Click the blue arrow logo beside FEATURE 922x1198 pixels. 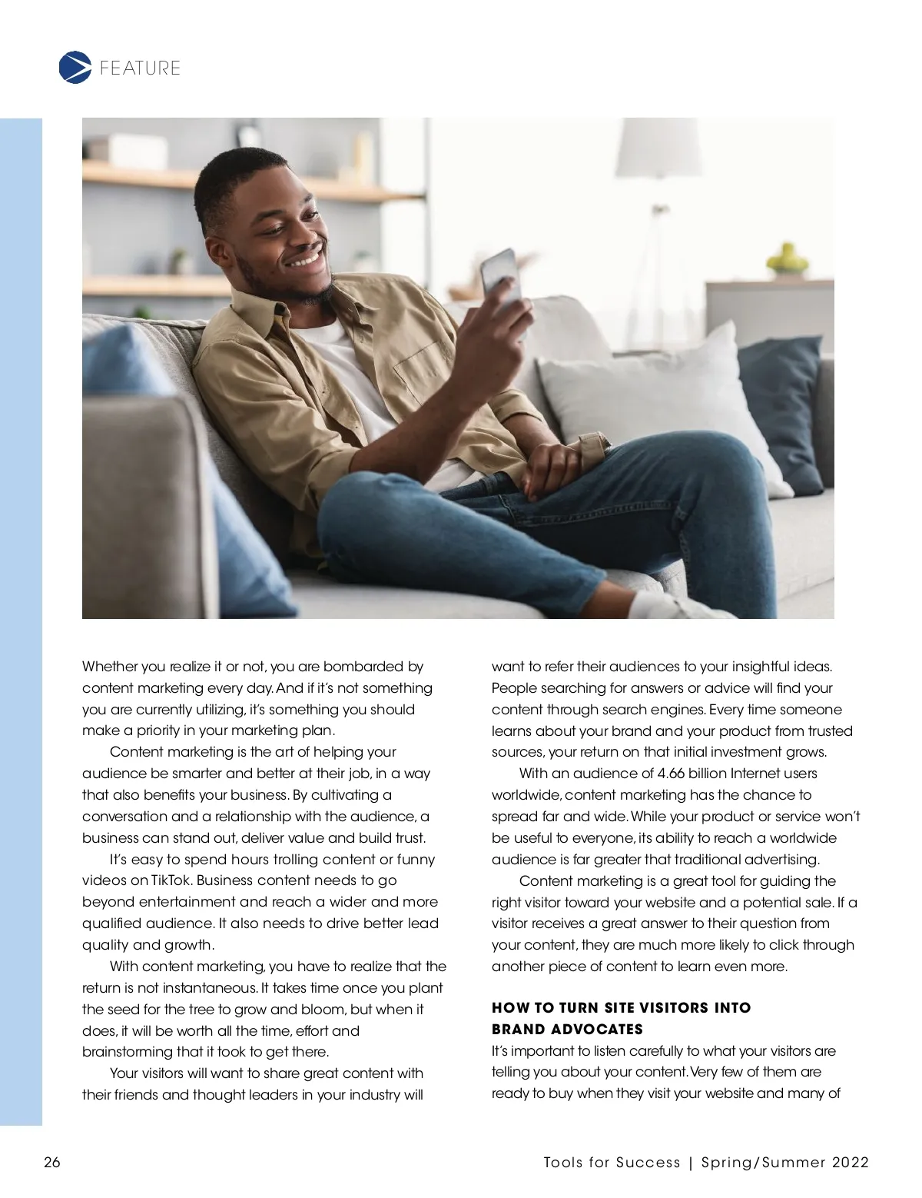point(75,67)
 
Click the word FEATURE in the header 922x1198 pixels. point(140,68)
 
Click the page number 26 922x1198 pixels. point(52,1162)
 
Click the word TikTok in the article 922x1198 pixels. point(171,880)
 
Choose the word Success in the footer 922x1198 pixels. point(648,1162)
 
